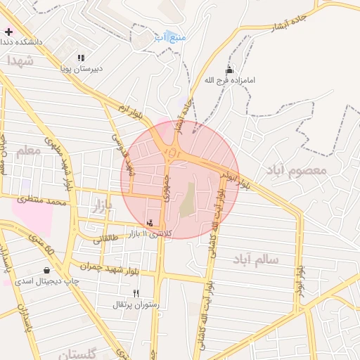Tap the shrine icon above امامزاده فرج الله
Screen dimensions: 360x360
(x=229, y=70)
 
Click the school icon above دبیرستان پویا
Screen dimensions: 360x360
(x=80, y=58)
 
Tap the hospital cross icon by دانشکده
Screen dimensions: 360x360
(x=8, y=32)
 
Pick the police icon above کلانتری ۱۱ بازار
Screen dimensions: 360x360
(x=149, y=223)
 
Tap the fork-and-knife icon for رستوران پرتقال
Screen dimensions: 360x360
(x=136, y=294)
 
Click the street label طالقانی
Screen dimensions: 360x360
(x=107, y=239)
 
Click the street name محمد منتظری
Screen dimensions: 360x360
(x=42, y=202)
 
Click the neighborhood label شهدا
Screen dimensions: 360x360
(x=20, y=62)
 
